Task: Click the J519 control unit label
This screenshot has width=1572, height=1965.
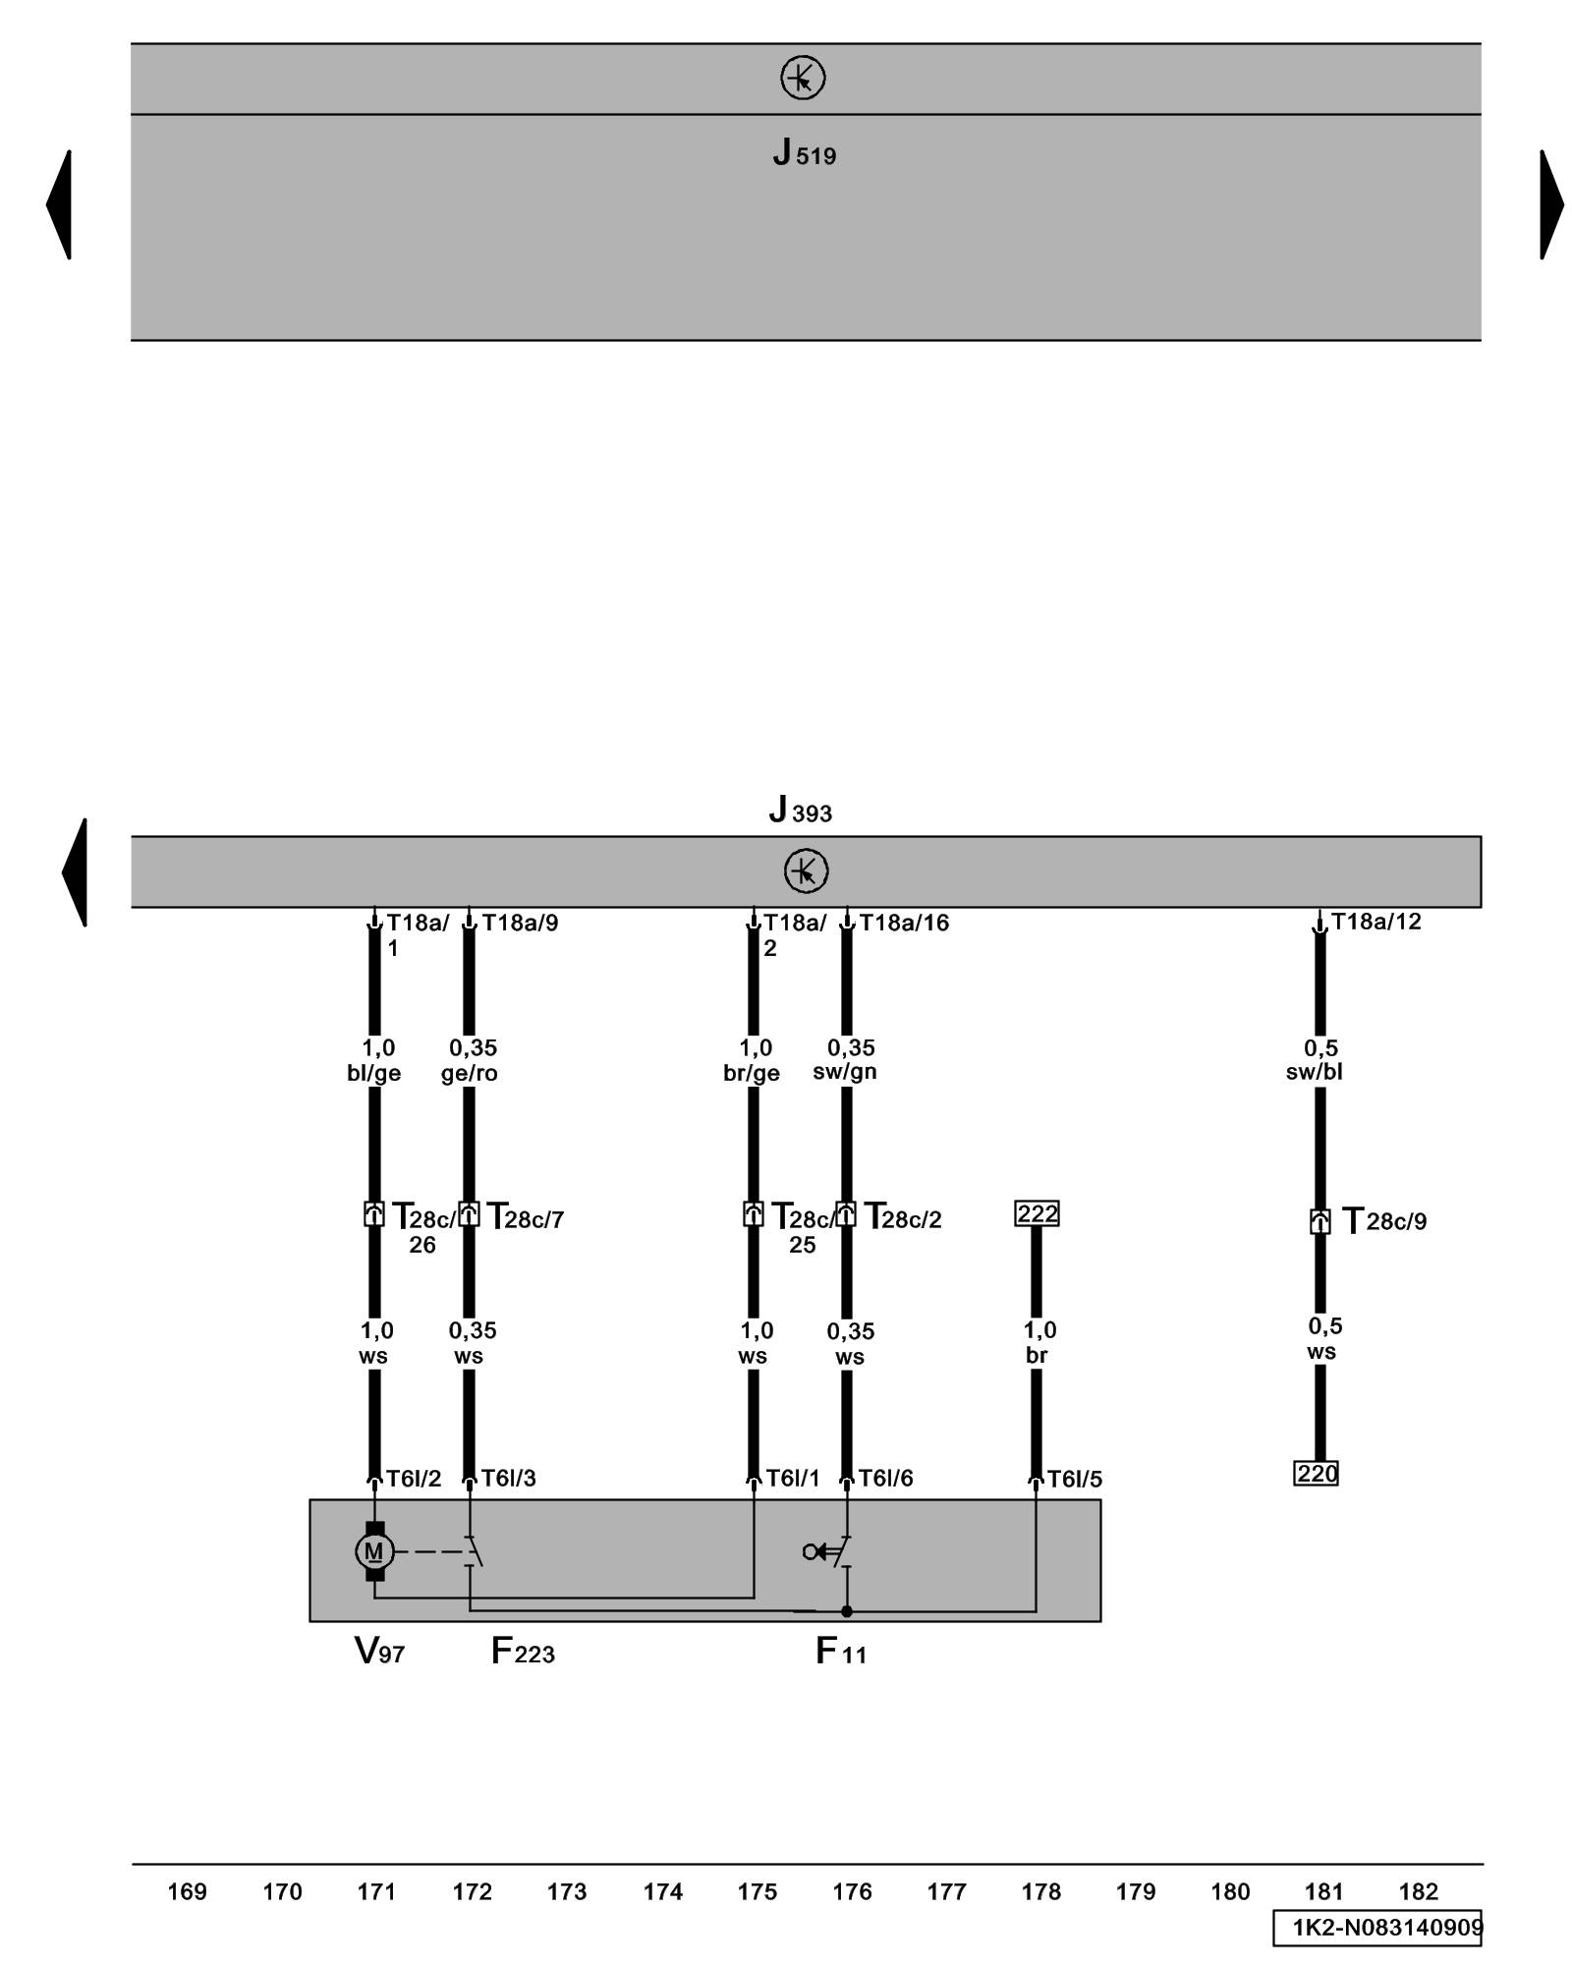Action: point(804,153)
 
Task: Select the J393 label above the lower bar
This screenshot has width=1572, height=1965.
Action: point(800,811)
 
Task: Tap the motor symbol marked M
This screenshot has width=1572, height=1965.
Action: point(373,1551)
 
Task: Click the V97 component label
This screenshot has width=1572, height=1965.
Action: point(379,1651)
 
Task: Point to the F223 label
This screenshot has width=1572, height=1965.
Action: point(523,1651)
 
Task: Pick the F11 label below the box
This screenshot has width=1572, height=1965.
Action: point(841,1651)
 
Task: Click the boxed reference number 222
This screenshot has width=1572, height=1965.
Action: point(1037,1213)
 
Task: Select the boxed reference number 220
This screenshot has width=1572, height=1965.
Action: point(1317,1474)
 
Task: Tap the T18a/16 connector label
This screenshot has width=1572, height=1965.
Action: point(904,923)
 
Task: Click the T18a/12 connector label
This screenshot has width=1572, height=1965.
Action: point(1375,922)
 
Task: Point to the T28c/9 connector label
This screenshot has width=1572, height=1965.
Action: point(1384,1221)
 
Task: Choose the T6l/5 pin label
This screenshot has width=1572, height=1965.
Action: point(1074,1479)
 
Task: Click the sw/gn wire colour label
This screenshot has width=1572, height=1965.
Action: point(845,1072)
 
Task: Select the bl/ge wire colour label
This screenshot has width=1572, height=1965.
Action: point(373,1073)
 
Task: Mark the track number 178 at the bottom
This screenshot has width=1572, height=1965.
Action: point(1040,1891)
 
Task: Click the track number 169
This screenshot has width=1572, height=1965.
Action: point(187,1891)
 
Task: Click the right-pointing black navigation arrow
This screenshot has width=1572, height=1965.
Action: point(1551,204)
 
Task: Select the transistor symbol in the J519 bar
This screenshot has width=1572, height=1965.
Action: point(803,78)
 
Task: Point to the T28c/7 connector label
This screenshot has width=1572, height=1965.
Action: point(526,1218)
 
